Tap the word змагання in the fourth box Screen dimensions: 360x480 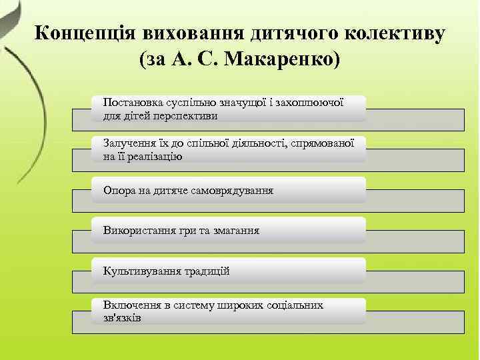click(236, 231)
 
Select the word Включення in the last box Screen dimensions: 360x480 click(129, 305)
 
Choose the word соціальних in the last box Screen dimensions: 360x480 click(298, 305)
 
